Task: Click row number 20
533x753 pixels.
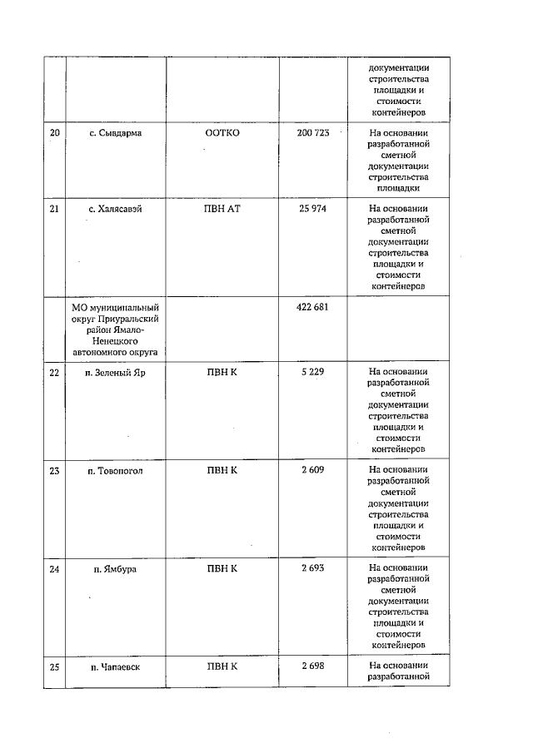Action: point(55,133)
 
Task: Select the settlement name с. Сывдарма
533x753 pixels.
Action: point(116,133)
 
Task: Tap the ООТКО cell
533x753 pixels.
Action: point(222,133)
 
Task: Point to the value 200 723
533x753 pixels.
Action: point(313,133)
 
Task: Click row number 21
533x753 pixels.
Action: point(55,209)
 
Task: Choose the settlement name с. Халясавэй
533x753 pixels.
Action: point(116,209)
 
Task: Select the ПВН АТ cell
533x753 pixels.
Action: point(222,209)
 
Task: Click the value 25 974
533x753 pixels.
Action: point(313,209)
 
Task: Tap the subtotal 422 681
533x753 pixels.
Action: point(313,307)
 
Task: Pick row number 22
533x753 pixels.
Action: point(55,372)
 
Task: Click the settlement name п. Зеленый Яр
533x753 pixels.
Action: point(116,372)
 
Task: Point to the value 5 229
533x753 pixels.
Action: point(313,372)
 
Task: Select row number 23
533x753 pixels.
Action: point(55,470)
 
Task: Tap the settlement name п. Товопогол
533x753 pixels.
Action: point(116,470)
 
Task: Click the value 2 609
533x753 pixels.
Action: point(313,470)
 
